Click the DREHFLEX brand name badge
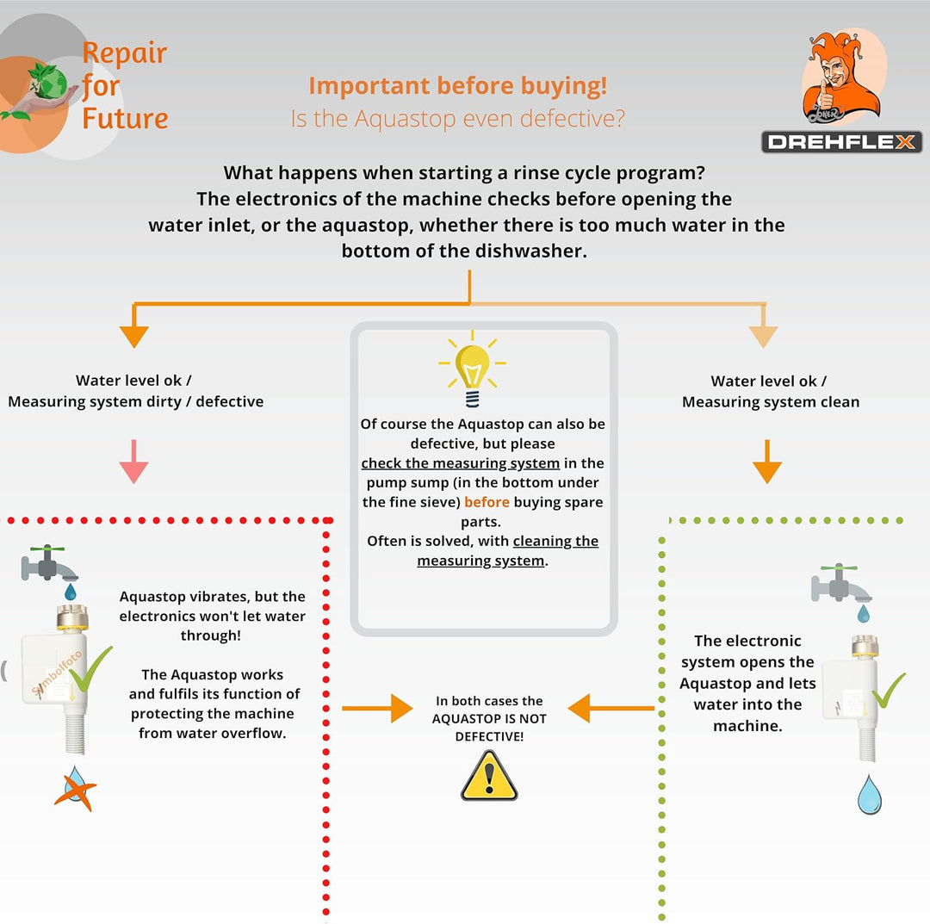click(841, 142)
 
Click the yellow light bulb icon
click(472, 369)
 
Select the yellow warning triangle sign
click(489, 776)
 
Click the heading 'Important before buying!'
click(458, 85)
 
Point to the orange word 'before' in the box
click(487, 502)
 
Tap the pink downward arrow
click(134, 462)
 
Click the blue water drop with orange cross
click(75, 788)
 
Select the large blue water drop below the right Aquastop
click(870, 794)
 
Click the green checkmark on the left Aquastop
click(90, 670)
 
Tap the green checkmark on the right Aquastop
click(888, 691)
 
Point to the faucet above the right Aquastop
click(840, 584)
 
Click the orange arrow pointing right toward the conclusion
click(377, 708)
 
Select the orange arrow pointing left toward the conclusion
click(611, 708)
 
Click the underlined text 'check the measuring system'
click(460, 463)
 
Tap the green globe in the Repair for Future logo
click(50, 83)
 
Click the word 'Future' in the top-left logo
click(125, 119)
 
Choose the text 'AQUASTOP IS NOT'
click(489, 719)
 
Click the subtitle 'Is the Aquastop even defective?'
click(458, 119)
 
